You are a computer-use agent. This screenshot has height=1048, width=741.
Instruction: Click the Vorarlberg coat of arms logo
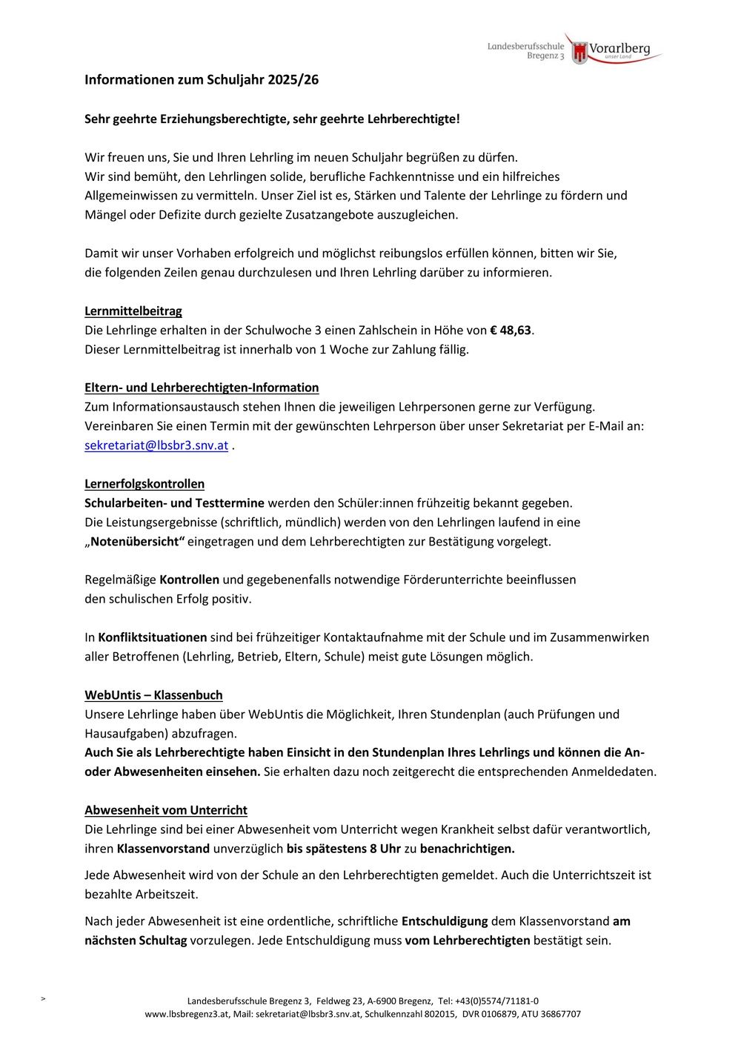click(x=579, y=52)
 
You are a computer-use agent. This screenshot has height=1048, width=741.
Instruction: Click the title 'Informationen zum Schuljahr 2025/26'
click(x=202, y=79)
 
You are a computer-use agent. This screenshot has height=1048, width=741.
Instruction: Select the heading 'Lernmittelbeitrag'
click(x=133, y=311)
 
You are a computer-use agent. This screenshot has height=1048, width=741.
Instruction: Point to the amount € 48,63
click(x=511, y=330)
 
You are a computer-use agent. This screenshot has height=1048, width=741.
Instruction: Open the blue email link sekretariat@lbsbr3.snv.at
click(x=156, y=445)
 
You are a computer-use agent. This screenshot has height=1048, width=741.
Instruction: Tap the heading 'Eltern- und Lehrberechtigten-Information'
click(x=202, y=388)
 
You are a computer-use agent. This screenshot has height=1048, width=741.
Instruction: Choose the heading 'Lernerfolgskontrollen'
click(x=144, y=484)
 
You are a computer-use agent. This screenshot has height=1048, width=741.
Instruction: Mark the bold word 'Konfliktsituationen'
click(x=153, y=637)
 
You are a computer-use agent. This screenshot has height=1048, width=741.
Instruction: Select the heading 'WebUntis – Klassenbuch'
click(x=153, y=695)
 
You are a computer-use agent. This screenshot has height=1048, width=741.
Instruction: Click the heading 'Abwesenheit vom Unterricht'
click(x=166, y=810)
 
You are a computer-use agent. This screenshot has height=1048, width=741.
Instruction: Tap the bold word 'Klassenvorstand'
click(x=163, y=849)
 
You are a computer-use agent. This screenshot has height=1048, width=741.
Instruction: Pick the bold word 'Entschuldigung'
click(x=445, y=921)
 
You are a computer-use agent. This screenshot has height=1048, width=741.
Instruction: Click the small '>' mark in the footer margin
click(x=43, y=999)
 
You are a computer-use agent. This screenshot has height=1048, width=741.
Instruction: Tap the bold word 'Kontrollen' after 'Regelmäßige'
click(x=189, y=580)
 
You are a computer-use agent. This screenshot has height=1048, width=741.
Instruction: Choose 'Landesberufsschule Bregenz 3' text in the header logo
click(x=525, y=50)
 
